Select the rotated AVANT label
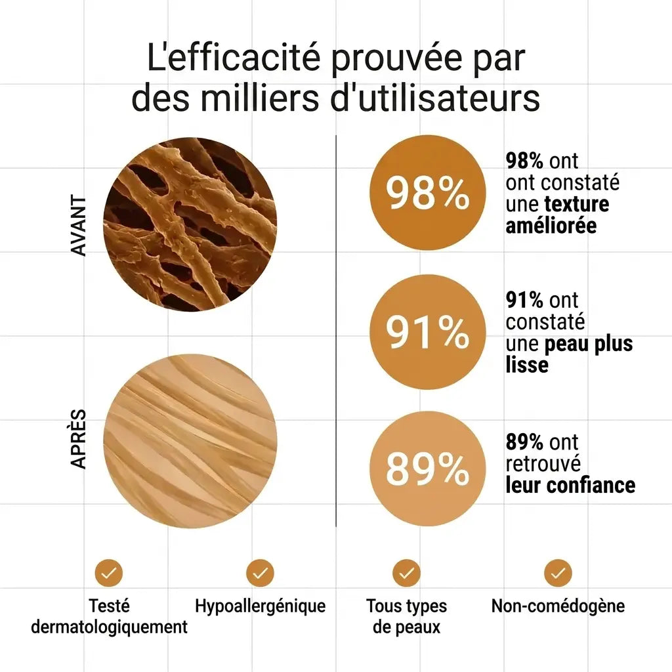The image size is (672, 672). [x=79, y=226]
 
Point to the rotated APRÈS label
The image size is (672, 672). [x=79, y=439]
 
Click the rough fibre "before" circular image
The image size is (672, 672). [x=190, y=225]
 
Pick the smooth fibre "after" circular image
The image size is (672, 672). [x=190, y=441]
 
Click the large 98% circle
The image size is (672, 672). [x=427, y=192]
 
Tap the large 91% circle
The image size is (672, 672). [x=427, y=331]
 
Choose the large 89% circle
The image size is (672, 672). [x=427, y=469]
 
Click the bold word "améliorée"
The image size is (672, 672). [x=551, y=226]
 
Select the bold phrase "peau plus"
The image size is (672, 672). [x=589, y=344]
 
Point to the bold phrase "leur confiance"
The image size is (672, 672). [x=570, y=485]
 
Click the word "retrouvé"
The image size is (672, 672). [x=543, y=464]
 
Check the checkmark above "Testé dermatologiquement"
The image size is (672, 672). [x=109, y=573]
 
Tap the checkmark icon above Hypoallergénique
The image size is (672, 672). [x=260, y=573]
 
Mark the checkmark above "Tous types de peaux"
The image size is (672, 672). [x=406, y=573]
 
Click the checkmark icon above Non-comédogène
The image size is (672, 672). [x=558, y=573]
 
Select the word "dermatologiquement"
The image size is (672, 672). [x=110, y=627]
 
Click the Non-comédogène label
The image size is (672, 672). [x=558, y=606]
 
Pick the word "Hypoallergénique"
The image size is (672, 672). [x=260, y=606]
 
